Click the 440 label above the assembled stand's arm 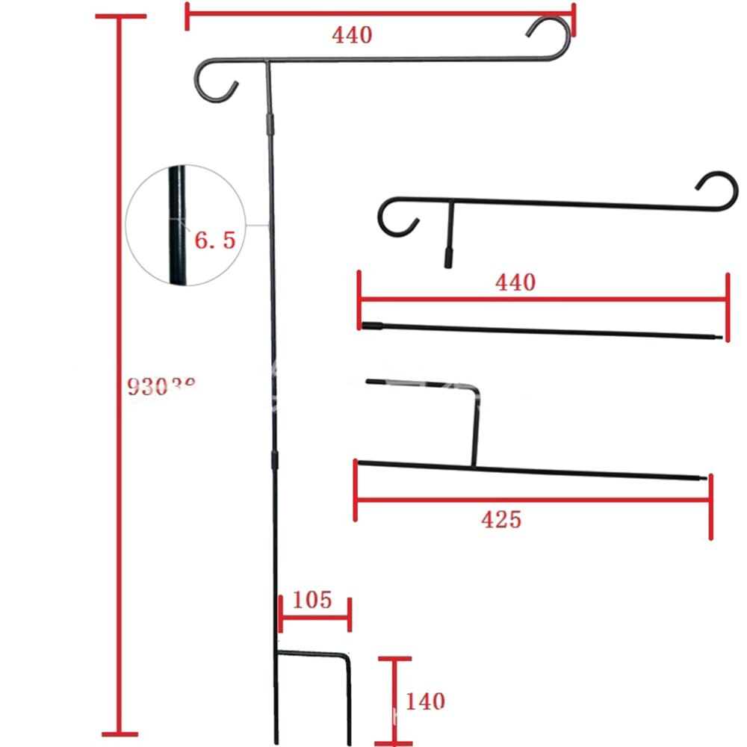tap(353, 34)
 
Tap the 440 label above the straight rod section tap(515, 282)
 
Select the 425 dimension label tap(502, 519)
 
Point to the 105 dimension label tap(311, 600)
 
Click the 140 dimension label tap(425, 701)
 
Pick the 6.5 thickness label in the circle tap(215, 241)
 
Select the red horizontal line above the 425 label tap(533, 499)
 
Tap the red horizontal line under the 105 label tap(314, 618)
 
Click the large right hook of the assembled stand tap(551, 37)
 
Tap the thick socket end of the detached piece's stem tap(448, 258)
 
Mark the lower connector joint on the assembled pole tap(275, 461)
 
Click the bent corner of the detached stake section tap(477, 388)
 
